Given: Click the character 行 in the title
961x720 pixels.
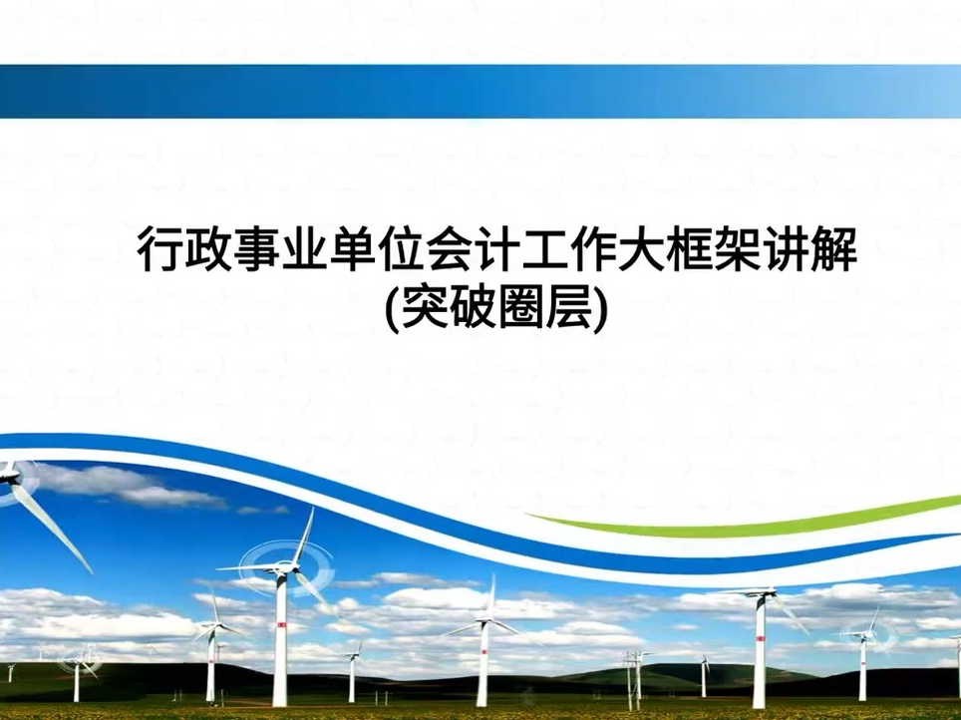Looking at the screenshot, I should [x=160, y=250].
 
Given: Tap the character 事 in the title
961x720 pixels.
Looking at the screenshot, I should [x=256, y=250].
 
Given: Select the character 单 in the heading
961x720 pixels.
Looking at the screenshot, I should [x=352, y=250].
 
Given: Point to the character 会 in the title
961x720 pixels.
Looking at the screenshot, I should [x=448, y=250].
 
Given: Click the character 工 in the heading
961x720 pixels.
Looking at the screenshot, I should [x=543, y=250].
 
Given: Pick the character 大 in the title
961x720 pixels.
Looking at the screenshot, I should [x=639, y=250].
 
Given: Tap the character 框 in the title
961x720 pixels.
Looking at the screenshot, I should [x=687, y=250].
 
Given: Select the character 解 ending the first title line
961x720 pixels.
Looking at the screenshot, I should [x=831, y=250].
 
